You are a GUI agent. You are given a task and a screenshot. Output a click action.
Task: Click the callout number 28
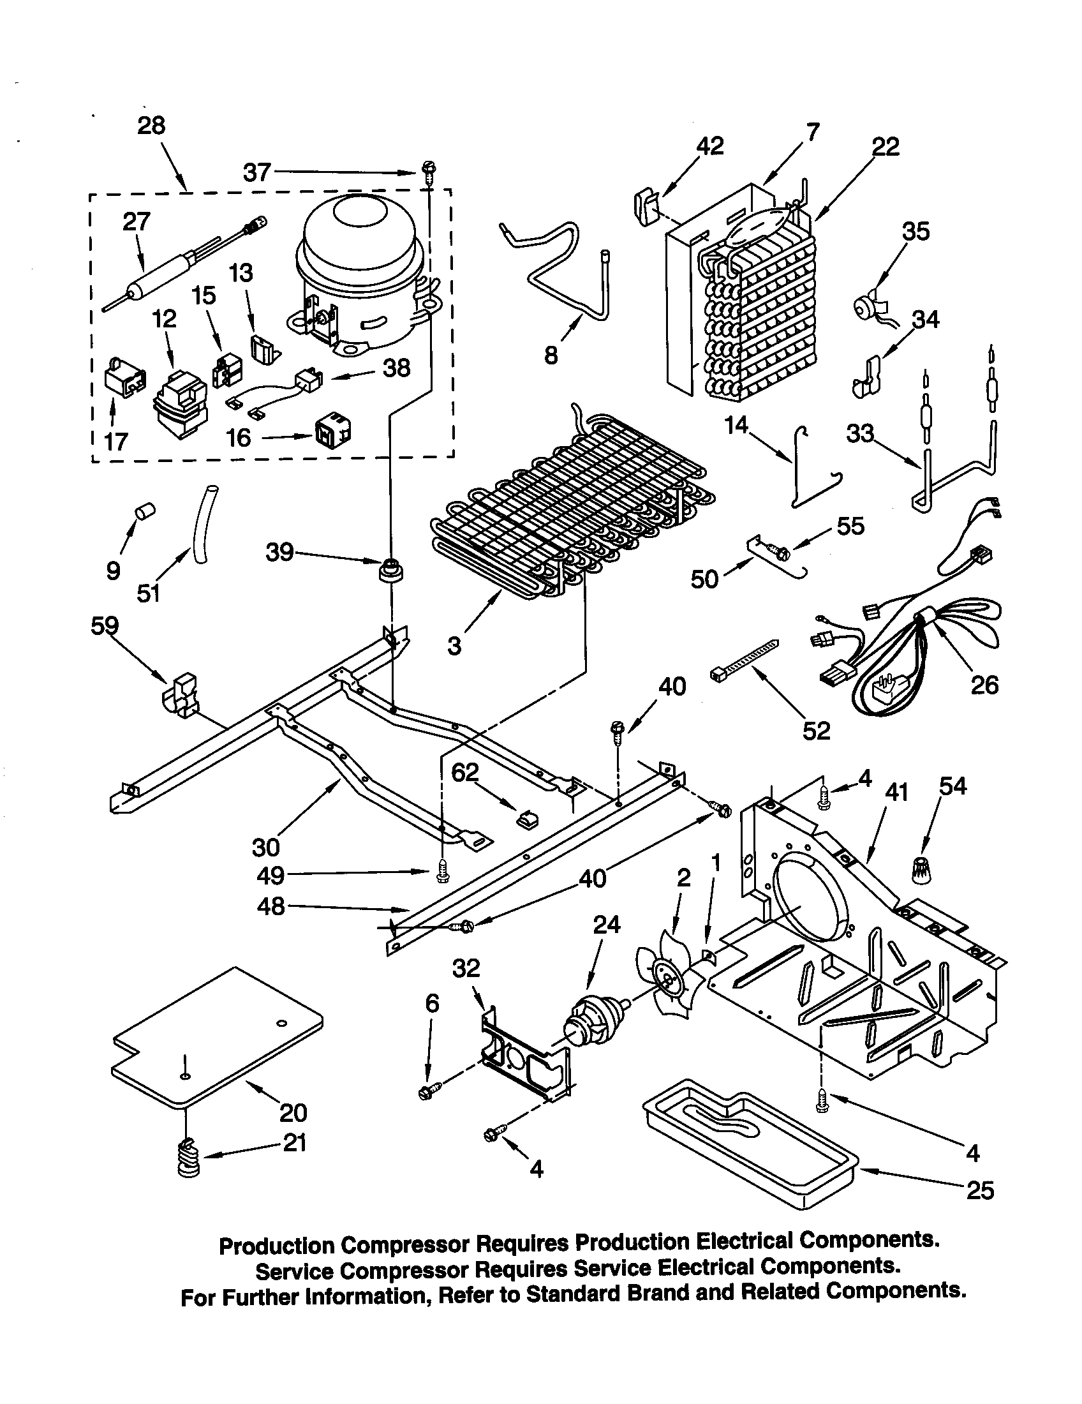click(x=151, y=125)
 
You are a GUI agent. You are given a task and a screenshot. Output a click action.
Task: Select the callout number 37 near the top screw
click(x=257, y=172)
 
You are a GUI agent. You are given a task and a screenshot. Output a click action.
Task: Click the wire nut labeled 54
click(x=923, y=870)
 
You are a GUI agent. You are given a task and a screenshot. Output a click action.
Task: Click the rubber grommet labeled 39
click(x=390, y=569)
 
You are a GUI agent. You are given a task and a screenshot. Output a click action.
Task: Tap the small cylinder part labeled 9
click(x=145, y=512)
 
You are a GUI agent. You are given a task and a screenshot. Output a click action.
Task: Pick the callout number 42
click(x=709, y=146)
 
